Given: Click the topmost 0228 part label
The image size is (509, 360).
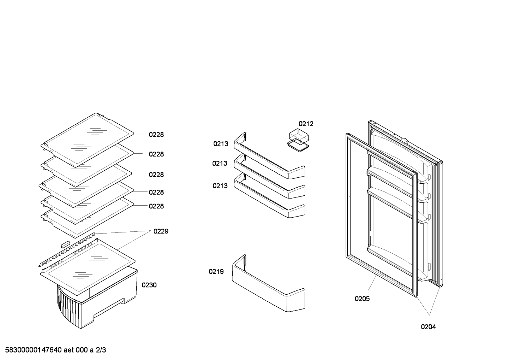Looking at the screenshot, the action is point(156,135).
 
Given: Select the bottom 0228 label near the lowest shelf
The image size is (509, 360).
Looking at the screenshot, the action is point(156,206).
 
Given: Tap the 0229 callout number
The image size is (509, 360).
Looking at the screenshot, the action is point(161,231).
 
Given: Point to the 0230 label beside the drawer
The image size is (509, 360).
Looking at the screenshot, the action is point(149,285).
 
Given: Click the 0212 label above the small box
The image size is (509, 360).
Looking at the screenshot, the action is point(306,124).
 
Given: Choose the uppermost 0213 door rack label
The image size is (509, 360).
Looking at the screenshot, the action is point(221,144).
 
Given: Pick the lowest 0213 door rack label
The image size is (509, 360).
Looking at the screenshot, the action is point(220,186).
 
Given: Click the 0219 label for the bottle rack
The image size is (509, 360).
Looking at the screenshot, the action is point(216,271).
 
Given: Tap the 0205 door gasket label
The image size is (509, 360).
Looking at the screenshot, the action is point(362,299).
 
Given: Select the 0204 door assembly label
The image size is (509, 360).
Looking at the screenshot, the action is point(428,327).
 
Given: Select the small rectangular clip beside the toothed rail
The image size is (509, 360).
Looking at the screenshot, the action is point(65,244).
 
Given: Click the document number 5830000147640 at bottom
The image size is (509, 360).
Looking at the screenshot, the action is point(33,350).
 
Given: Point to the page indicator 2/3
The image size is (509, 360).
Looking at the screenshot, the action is point(101,350).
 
